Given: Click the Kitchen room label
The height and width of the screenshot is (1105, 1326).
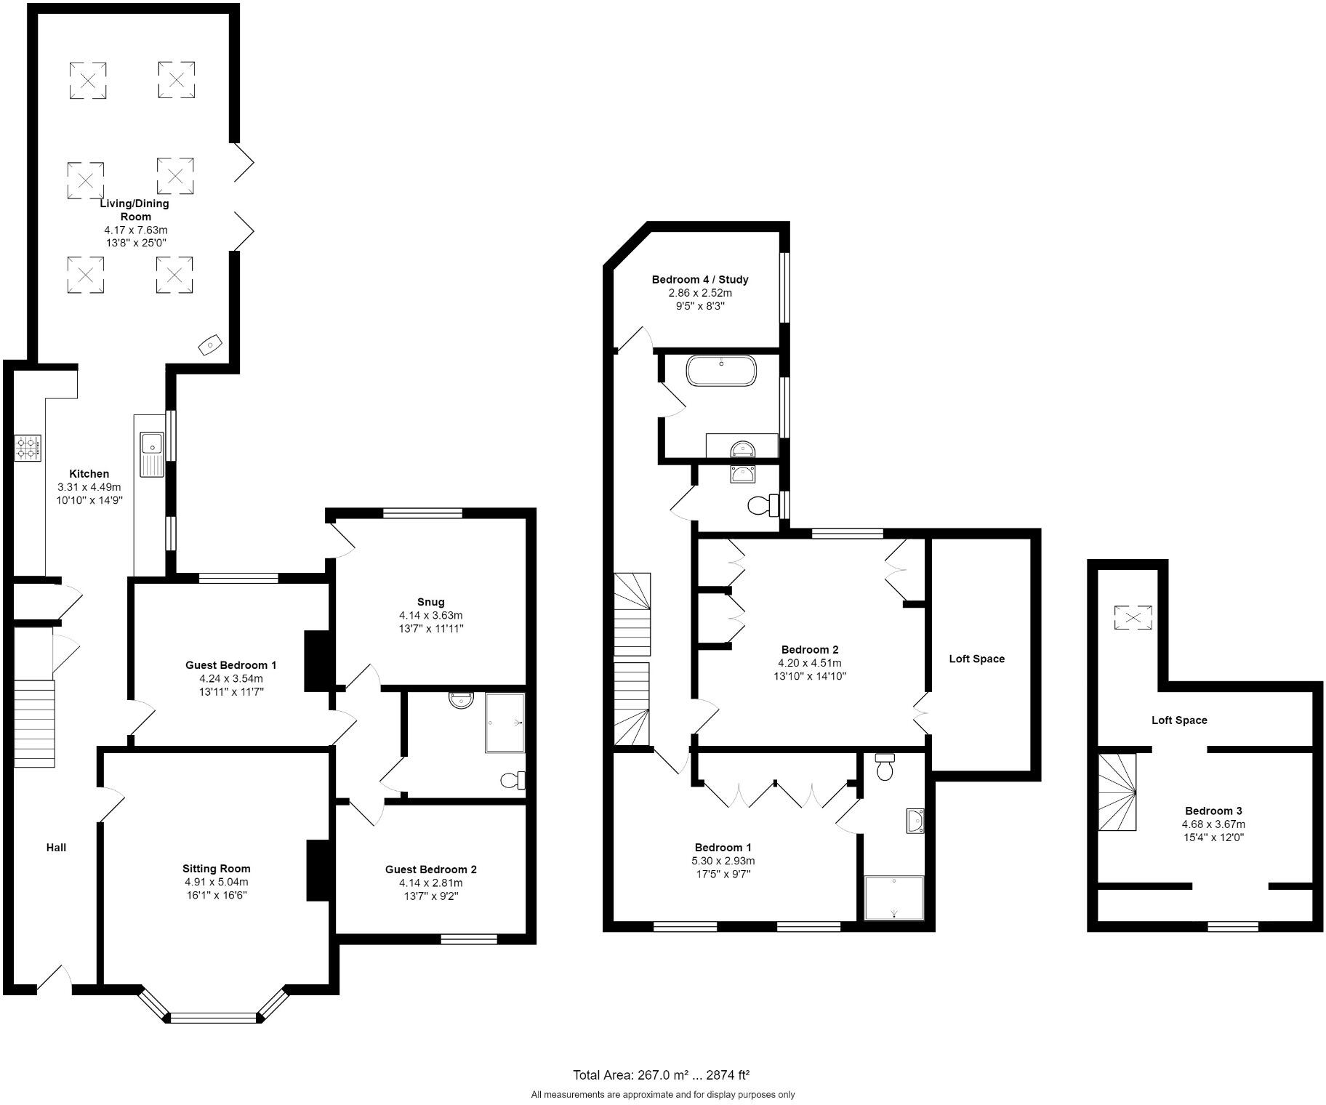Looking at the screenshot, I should [89, 473].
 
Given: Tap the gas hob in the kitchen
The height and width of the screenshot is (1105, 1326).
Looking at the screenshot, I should [28, 447].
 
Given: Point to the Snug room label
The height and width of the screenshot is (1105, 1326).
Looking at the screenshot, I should [430, 601].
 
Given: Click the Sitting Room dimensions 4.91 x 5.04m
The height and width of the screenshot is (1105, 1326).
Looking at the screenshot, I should [216, 882].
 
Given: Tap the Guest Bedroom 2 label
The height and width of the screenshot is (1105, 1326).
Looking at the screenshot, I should [430, 869].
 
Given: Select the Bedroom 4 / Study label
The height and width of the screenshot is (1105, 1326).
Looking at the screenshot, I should [699, 279].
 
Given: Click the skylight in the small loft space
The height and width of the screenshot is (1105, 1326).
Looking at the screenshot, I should [1133, 618].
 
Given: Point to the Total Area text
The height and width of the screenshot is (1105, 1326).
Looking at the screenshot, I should [661, 1074].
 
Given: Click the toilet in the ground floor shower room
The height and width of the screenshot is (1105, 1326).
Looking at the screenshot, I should [513, 780].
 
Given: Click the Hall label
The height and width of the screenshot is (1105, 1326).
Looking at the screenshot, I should [56, 847].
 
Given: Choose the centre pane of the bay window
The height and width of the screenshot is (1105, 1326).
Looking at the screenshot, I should [214, 1017].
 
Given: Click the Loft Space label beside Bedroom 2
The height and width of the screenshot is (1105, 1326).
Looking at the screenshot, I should [976, 659].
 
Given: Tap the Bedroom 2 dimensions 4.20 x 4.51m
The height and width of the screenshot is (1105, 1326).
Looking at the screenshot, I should [809, 663].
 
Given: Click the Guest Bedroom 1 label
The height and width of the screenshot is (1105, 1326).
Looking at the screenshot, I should [230, 664].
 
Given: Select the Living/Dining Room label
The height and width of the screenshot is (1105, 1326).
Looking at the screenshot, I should [134, 209].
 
